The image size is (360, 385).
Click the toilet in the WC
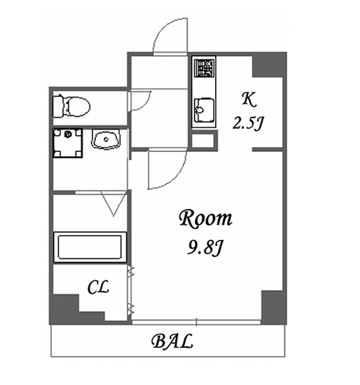point(71,106)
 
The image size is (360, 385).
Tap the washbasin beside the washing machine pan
point(106,139)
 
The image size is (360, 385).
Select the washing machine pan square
point(67,143)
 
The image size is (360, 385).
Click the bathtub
point(90,247)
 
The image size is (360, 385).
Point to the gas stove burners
point(204,68)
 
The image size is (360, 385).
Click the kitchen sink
point(204,110)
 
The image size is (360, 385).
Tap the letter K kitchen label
point(249,99)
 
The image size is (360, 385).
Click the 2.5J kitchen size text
point(248,122)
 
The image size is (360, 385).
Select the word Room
point(205,218)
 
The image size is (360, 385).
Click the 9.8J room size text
point(205,248)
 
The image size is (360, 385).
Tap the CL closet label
point(98,287)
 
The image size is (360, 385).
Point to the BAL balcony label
point(172,341)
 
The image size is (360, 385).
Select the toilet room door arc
point(145,104)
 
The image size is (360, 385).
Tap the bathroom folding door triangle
point(113,204)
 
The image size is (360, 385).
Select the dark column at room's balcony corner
point(274,307)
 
